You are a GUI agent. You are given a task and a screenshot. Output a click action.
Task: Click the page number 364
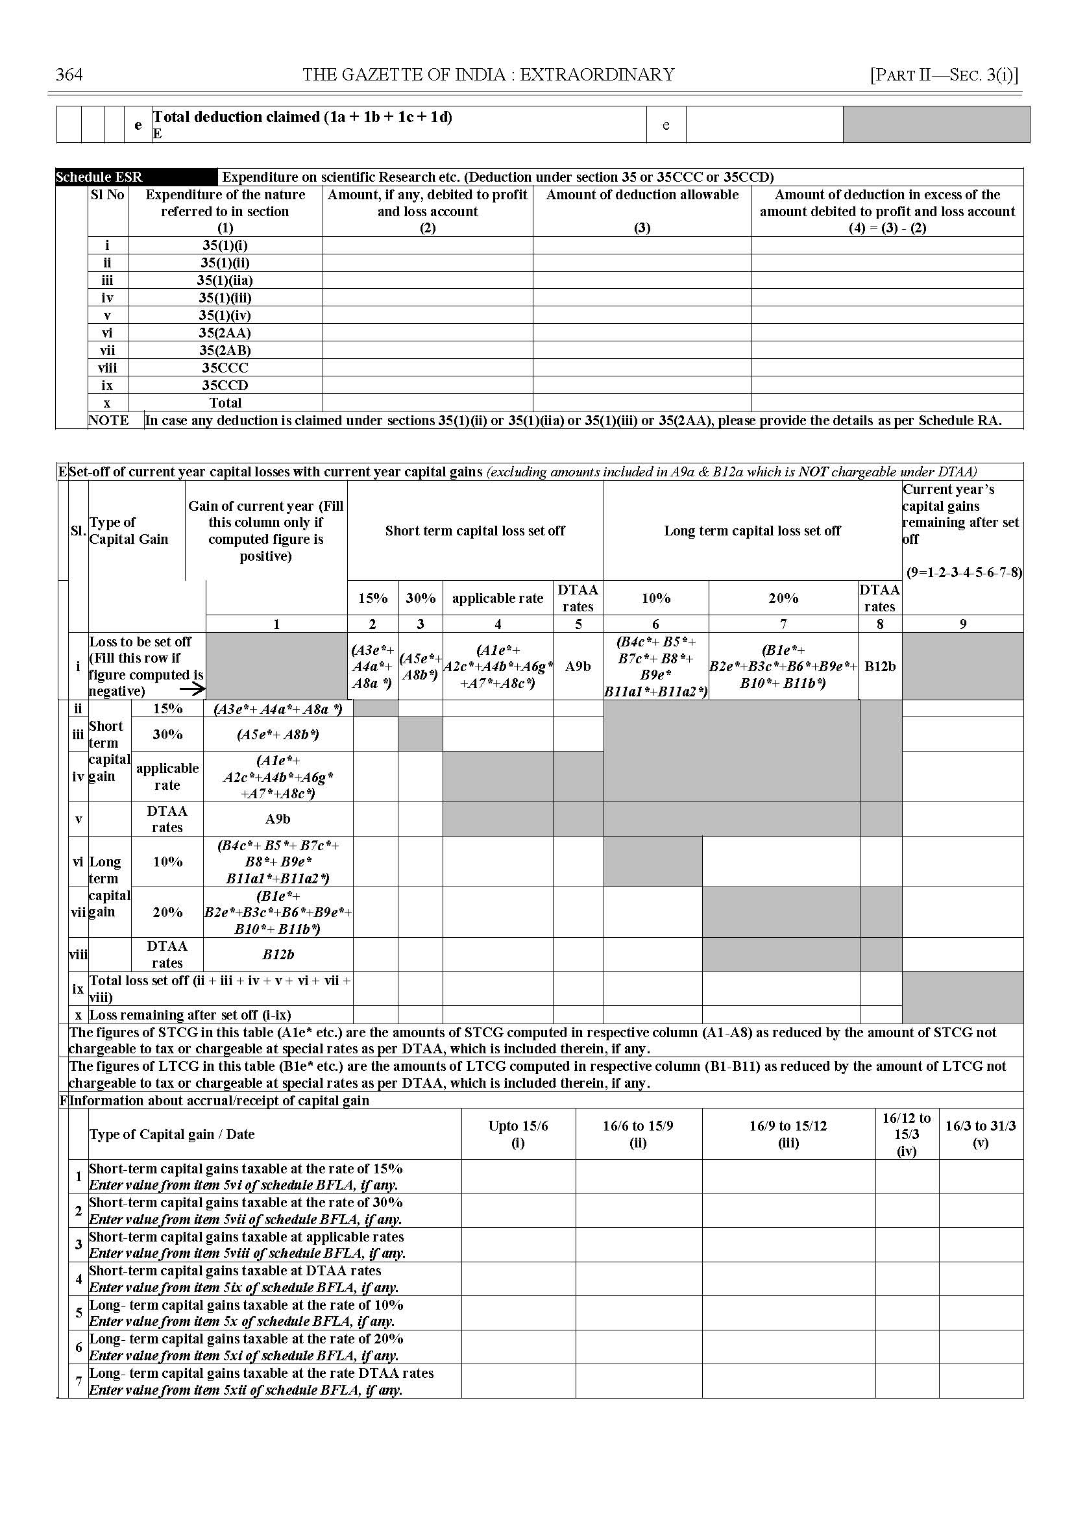coord(69,75)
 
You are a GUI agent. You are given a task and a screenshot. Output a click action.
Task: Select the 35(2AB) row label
coord(226,350)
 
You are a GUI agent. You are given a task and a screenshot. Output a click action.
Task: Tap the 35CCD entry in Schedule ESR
coord(226,386)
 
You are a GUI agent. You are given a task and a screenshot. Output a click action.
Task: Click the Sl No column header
coord(107,195)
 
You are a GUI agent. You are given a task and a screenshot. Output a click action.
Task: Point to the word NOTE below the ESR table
coord(108,421)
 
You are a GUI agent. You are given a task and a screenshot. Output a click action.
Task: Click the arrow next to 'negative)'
coord(193,689)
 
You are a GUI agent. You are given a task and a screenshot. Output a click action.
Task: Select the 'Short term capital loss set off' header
coord(475,530)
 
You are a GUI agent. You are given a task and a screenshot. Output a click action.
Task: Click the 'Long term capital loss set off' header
coord(752,530)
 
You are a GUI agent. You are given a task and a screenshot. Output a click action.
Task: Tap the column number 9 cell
coord(962,624)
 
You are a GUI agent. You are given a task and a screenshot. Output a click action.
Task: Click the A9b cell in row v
coord(278,819)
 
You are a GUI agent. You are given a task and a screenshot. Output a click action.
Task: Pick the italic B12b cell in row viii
coord(278,955)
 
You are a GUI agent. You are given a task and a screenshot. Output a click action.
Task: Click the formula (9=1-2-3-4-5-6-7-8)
coord(964,573)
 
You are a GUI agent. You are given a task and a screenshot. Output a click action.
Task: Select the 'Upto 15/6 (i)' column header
coord(518,1134)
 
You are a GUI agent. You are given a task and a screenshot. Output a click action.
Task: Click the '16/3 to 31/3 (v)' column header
coord(980,1134)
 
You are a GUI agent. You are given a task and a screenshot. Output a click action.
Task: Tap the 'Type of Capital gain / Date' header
coord(172,1134)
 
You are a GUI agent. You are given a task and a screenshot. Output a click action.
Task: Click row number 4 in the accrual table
coord(79,1279)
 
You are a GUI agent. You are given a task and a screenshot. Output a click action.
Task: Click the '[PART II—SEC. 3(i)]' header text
coord(944,75)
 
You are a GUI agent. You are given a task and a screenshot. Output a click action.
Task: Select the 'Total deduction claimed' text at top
coord(303,117)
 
